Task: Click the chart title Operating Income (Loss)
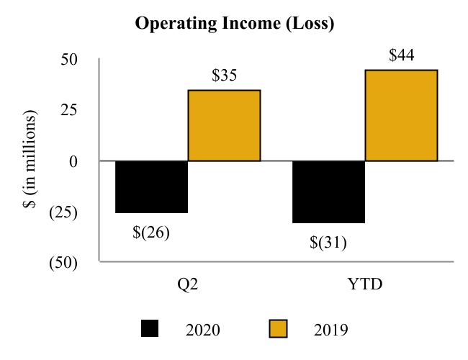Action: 234,24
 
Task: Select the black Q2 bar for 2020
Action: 152,186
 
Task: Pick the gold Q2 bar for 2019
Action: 224,125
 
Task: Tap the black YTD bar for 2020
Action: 328,192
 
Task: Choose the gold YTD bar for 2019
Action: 401,115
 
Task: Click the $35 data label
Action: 225,76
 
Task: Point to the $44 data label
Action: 401,55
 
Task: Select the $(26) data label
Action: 151,233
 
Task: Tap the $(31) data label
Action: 328,243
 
